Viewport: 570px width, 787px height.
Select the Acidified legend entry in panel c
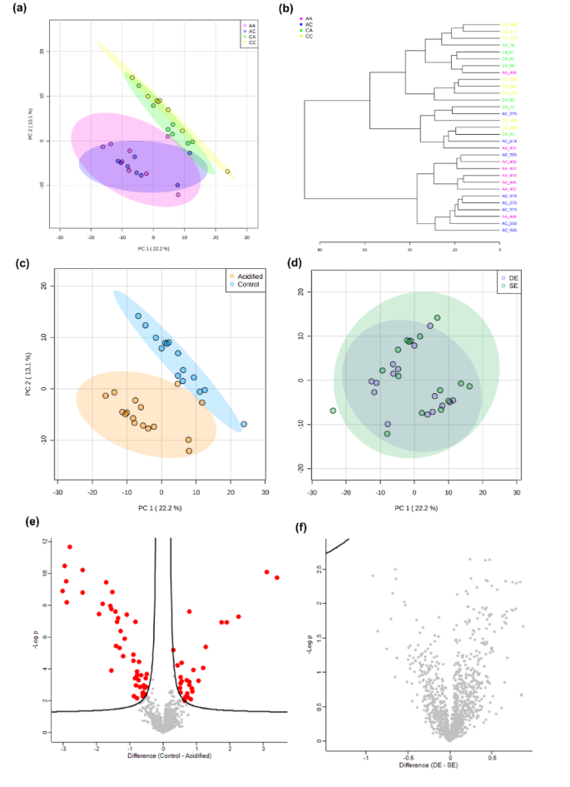(x=247, y=276)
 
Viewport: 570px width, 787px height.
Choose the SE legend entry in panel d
(x=509, y=285)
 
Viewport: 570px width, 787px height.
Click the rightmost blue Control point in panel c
(x=244, y=424)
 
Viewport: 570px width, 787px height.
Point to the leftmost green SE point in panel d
(x=333, y=411)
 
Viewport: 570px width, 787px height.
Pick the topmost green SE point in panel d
(x=437, y=318)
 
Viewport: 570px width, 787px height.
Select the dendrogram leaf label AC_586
(x=509, y=230)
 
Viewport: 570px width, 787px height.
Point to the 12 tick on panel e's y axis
(x=44, y=541)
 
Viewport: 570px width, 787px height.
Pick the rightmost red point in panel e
(x=277, y=577)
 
